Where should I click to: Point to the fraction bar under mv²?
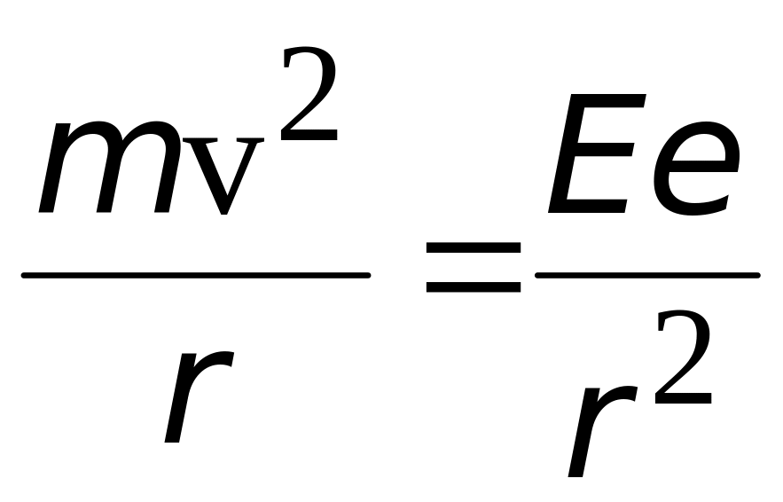click(195, 275)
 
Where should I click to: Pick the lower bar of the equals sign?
click(473, 288)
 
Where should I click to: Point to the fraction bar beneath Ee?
click(647, 275)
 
